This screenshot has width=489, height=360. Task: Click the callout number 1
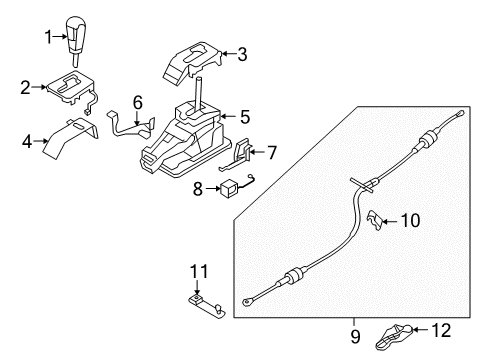point(49,37)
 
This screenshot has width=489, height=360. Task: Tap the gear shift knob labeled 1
point(76,39)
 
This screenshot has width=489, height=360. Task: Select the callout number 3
point(242,54)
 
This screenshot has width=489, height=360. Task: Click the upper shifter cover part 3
point(192,63)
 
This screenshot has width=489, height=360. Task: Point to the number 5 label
point(245,117)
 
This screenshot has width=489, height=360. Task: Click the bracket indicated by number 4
point(72,138)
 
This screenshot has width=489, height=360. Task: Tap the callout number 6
point(138,102)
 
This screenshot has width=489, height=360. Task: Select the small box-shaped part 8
point(229,188)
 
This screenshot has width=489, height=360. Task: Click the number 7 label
point(272,153)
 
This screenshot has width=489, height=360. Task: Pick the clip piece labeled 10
point(375,220)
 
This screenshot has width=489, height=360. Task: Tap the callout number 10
point(410,221)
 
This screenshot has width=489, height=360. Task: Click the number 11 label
point(199,271)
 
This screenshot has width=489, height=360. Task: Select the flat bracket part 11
point(207,306)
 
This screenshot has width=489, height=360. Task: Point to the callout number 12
point(441,330)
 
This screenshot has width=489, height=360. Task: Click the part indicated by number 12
point(395,337)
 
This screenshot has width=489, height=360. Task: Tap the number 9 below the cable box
point(355,337)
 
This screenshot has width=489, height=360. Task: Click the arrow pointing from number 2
point(40,87)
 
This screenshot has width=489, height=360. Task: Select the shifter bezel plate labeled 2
point(72,89)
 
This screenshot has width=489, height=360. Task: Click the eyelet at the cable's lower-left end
point(248,302)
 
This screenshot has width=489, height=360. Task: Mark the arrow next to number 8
point(213,189)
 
